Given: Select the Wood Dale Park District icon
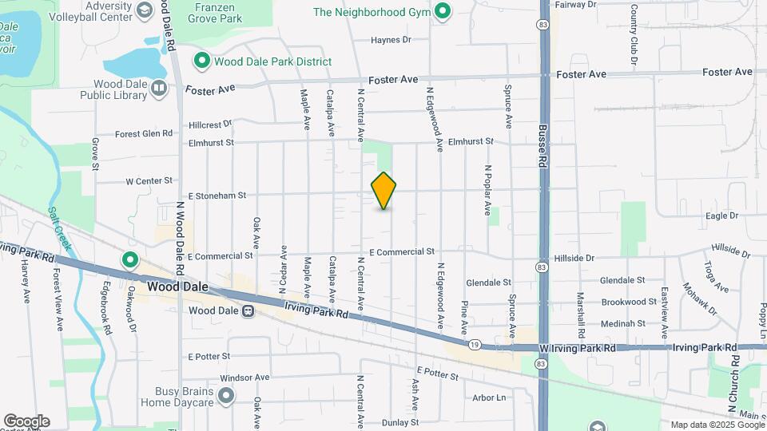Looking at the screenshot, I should click(x=202, y=61).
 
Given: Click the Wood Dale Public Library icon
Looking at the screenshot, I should click(x=159, y=88).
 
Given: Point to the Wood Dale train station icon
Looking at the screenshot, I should click(x=248, y=310).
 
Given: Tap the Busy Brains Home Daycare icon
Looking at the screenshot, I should click(x=227, y=394).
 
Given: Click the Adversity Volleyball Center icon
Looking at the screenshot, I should click(x=145, y=10).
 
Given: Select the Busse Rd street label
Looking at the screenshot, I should click(x=542, y=144).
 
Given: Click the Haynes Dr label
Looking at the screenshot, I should click(x=391, y=39).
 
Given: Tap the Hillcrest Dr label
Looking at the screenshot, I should click(x=210, y=125).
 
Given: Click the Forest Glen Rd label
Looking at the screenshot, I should click(x=144, y=134).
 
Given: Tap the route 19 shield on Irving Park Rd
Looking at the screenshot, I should click(x=475, y=345).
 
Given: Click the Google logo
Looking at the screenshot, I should click(x=26, y=421).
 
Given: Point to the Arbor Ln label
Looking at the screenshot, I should click(x=489, y=397).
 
